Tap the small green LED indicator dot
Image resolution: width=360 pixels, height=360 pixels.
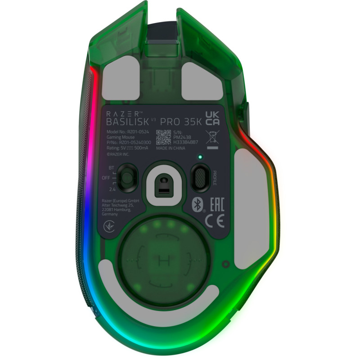coord(200,157)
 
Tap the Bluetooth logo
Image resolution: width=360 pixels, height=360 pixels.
coord(196,204)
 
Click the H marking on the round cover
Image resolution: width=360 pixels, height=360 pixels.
coord(162,260)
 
